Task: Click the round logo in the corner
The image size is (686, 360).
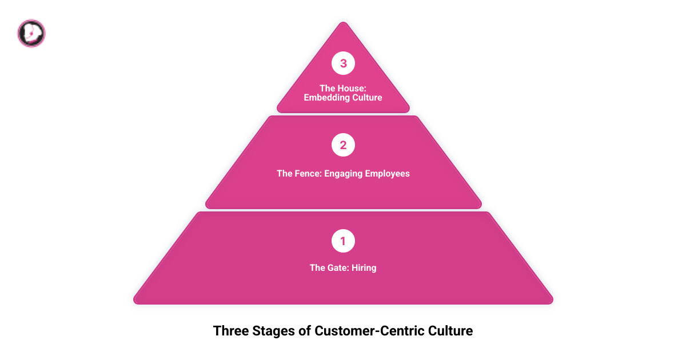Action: coord(31,33)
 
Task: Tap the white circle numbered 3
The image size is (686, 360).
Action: coord(343,63)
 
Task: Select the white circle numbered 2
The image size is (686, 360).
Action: coord(343,145)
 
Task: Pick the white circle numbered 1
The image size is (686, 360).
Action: coord(343,241)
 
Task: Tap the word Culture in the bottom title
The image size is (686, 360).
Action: coord(450,331)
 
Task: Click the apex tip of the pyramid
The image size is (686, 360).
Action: coord(343,24)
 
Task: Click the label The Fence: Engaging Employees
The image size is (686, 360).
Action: coord(343,174)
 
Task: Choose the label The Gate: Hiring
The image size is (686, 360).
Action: coord(343,267)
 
